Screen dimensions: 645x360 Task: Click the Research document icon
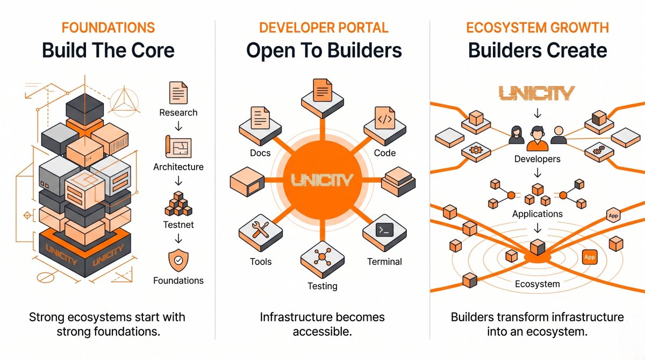(178, 92)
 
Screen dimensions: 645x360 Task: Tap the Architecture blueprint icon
(178, 147)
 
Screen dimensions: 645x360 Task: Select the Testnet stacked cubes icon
(178, 204)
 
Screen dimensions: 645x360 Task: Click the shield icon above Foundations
(178, 261)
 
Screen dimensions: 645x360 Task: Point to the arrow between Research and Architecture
(178, 126)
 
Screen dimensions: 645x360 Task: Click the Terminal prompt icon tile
(384, 233)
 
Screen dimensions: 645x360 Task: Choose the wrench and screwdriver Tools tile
(261, 233)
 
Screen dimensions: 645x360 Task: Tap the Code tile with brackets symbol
(385, 127)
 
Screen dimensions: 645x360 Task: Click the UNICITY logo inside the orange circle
(322, 180)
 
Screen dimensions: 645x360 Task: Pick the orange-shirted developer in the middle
(537, 139)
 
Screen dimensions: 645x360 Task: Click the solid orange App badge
(590, 257)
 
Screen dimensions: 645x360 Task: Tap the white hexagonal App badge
(613, 215)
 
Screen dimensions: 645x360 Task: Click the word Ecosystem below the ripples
(537, 284)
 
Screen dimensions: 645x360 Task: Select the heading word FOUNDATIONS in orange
(108, 27)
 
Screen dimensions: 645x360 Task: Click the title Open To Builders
(324, 51)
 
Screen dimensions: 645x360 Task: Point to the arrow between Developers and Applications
(537, 173)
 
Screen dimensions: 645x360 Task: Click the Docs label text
(260, 153)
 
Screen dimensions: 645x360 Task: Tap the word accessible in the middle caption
(322, 332)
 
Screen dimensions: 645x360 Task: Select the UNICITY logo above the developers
(537, 93)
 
